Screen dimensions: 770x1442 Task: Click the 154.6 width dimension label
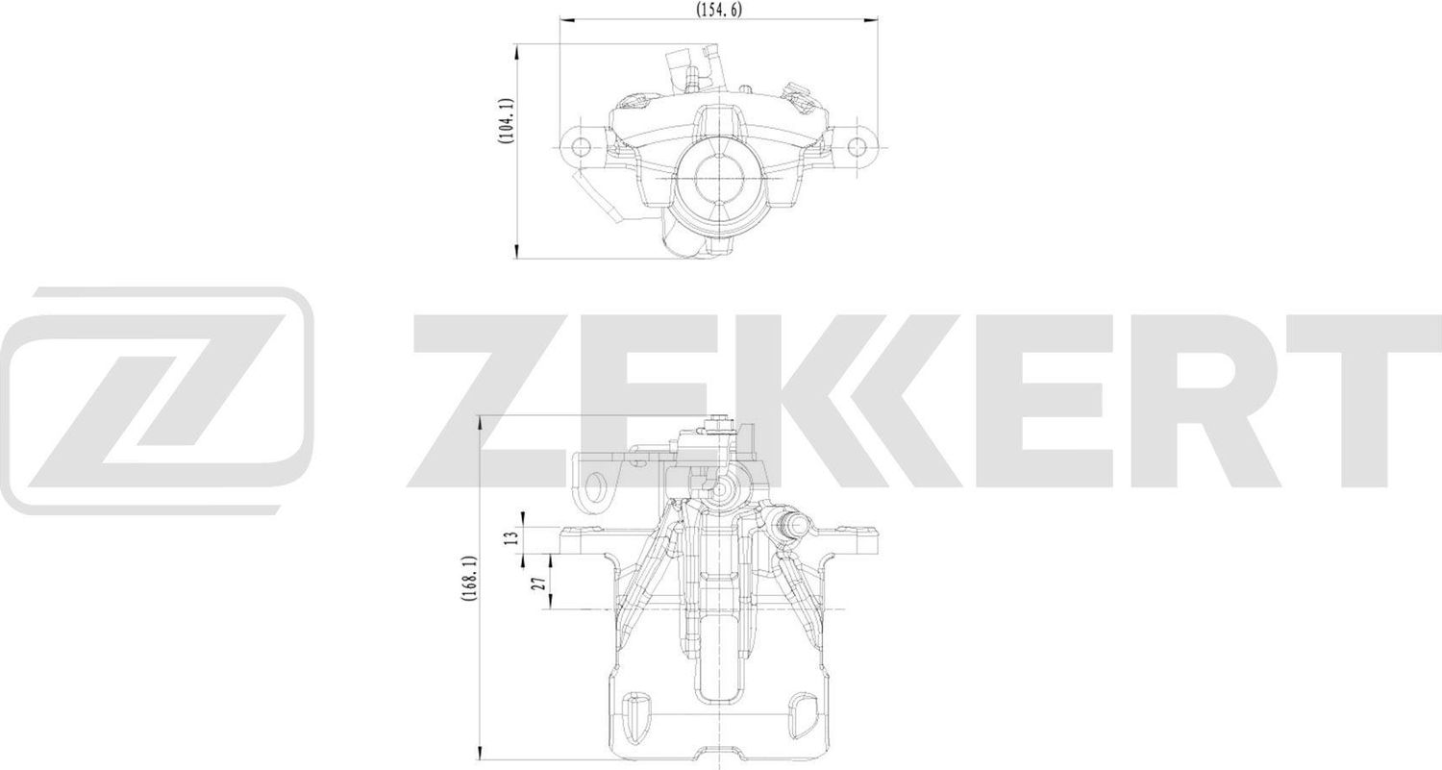[718, 9]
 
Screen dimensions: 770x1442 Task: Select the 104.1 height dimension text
[506, 122]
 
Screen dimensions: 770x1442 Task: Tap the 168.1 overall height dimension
[468, 581]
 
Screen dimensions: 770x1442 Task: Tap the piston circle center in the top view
[719, 178]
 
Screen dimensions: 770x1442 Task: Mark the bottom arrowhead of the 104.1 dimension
[517, 253]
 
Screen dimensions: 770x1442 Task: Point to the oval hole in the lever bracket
[596, 488]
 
